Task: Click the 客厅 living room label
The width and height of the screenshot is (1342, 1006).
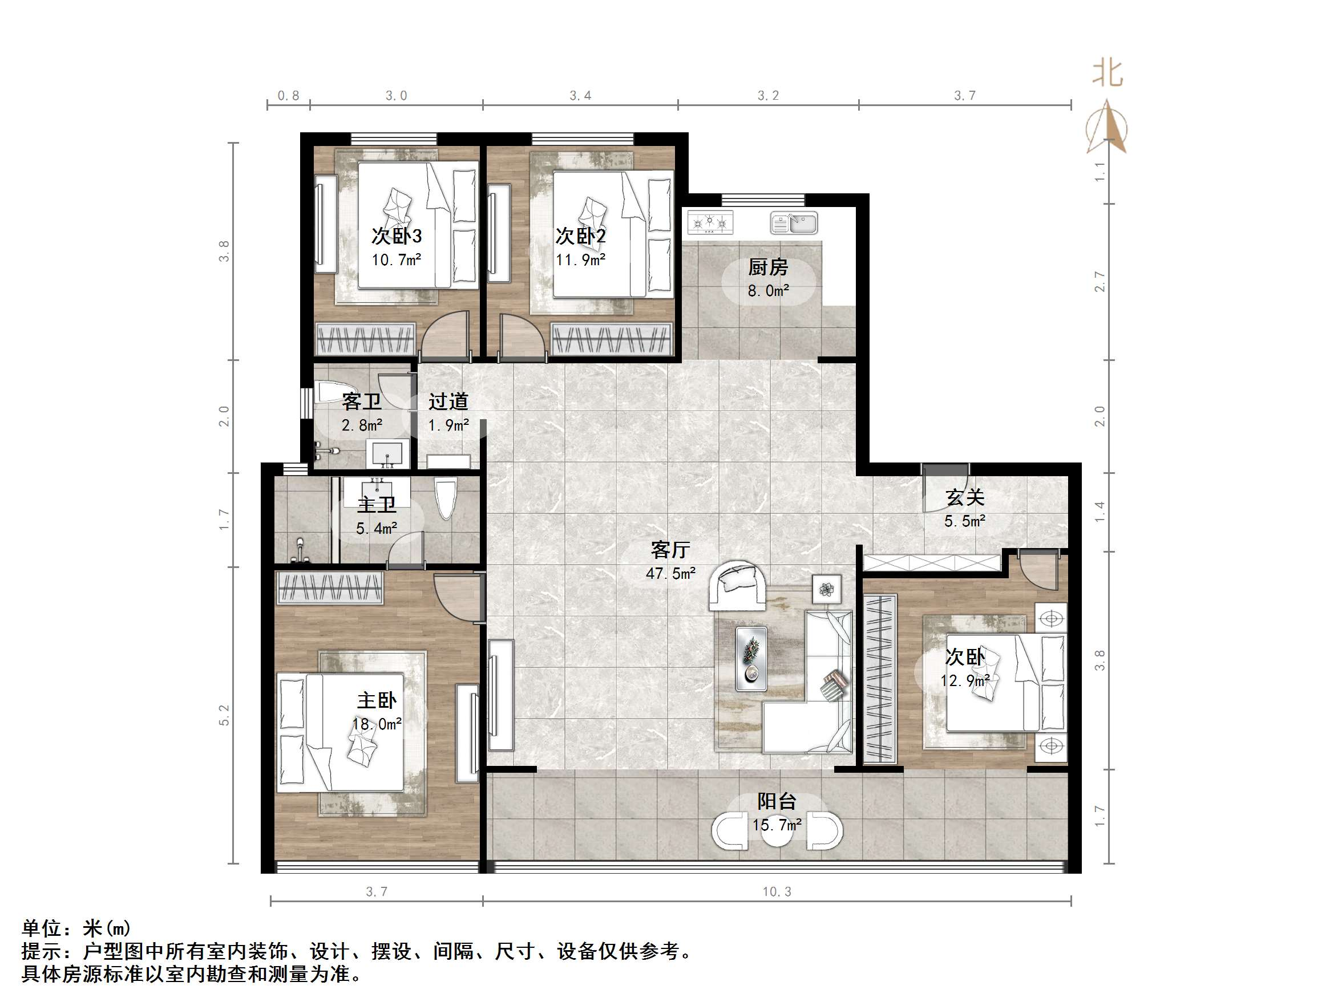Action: (670, 550)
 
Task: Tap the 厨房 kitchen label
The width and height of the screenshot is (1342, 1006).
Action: (767, 267)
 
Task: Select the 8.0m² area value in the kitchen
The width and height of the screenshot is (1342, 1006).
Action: (768, 291)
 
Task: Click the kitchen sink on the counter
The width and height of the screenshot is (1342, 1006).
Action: (794, 222)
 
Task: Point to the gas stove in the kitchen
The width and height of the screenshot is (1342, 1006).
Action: (710, 222)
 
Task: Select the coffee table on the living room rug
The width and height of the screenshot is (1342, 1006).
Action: (751, 659)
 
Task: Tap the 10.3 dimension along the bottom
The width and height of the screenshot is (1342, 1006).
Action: (777, 891)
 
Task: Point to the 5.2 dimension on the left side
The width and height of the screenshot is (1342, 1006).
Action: (224, 715)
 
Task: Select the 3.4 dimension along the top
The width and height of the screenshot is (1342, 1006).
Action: (580, 96)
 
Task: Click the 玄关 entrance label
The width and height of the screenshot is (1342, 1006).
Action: (965, 498)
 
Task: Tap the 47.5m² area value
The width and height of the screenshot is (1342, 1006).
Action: (670, 574)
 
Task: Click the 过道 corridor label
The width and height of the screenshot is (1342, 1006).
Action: (448, 401)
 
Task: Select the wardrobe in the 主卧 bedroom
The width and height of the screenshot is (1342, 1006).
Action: (330, 587)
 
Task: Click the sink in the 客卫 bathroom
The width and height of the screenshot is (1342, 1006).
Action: (387, 454)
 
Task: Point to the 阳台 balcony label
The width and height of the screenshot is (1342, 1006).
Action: (777, 802)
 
